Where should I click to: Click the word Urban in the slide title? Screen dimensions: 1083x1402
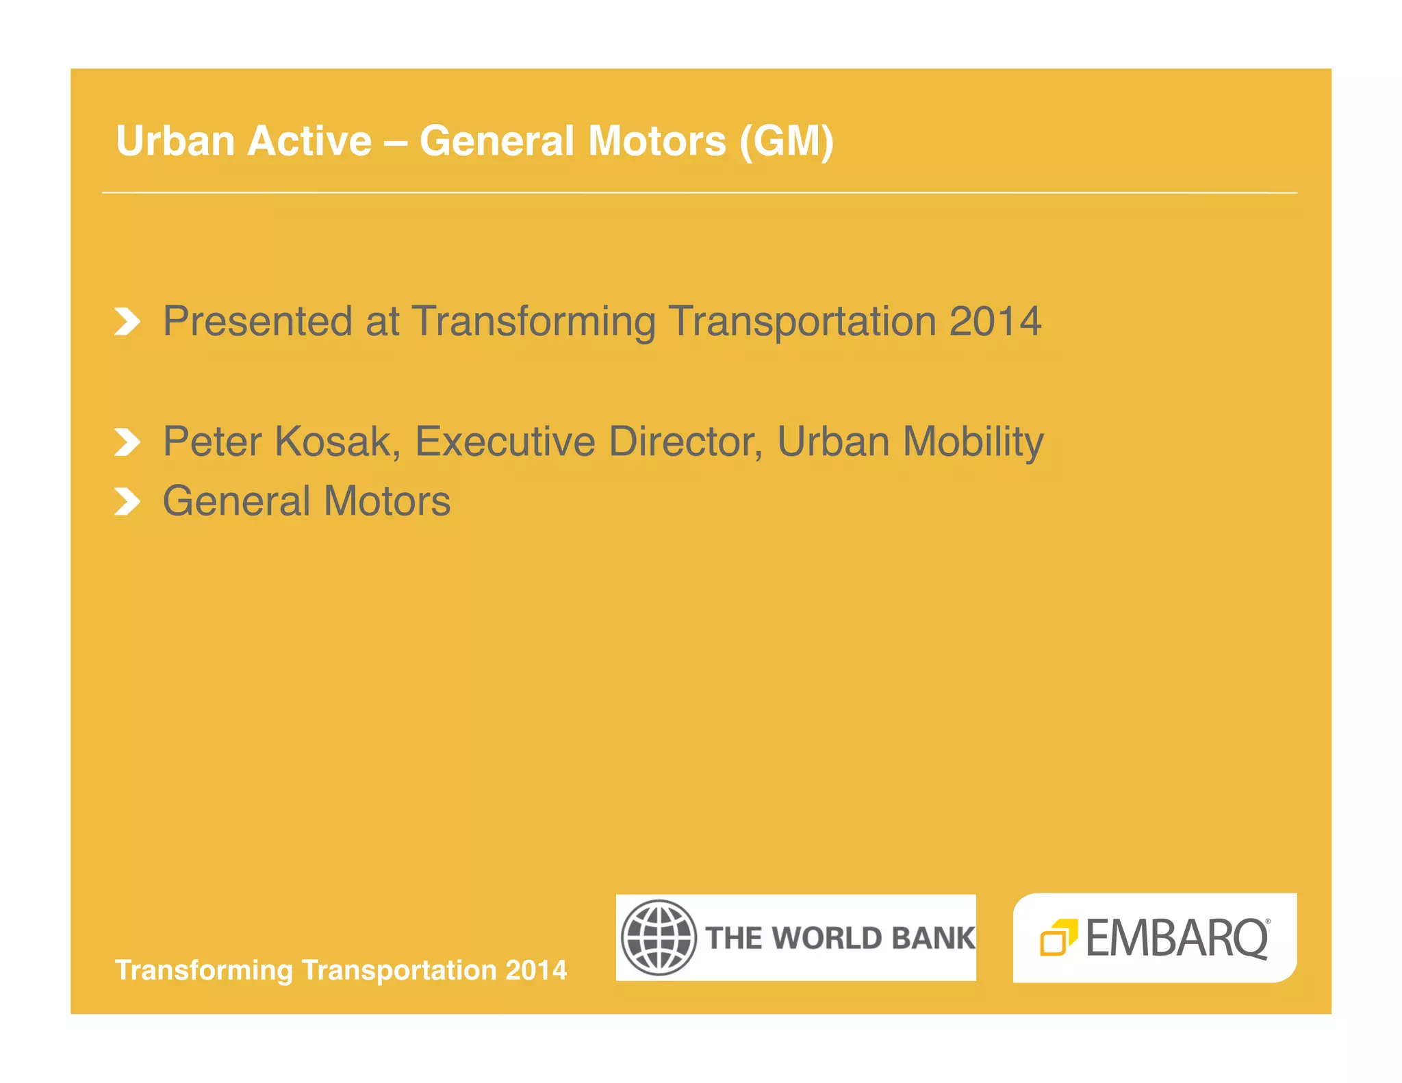[175, 141]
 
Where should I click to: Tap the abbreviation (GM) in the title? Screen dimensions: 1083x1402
[787, 141]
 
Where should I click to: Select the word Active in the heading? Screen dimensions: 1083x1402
[309, 141]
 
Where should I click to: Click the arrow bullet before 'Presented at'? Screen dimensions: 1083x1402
[127, 322]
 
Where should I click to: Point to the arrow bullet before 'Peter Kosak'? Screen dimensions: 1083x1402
[127, 442]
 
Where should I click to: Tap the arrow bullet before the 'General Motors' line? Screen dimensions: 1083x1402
[127, 502]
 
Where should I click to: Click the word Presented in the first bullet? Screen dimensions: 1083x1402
[257, 321]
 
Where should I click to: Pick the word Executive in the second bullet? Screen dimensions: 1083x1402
[505, 442]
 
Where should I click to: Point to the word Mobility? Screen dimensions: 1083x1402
[973, 443]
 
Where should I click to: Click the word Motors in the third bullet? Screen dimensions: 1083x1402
[387, 501]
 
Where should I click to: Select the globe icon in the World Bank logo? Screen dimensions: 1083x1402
[659, 937]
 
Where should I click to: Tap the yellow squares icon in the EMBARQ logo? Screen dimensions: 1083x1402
[1058, 937]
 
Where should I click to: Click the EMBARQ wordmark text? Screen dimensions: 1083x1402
[1177, 938]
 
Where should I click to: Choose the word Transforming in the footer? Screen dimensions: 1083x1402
[204, 971]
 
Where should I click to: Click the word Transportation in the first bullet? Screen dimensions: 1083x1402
[802, 321]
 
